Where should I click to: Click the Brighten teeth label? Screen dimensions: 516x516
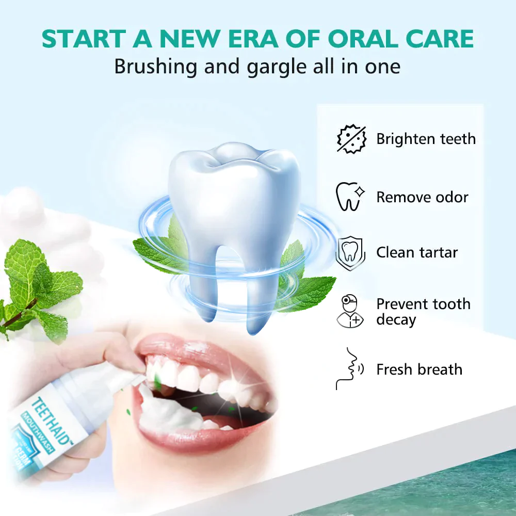point(426,139)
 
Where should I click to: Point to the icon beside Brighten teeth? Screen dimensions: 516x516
point(351,139)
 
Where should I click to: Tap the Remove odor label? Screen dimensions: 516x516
point(422,197)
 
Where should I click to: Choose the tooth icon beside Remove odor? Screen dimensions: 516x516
point(350,197)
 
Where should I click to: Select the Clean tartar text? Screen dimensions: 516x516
point(417,252)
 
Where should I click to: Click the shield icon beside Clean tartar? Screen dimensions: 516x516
point(350,252)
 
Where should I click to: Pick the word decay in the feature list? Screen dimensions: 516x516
point(396,319)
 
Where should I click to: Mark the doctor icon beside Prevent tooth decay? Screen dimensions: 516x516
point(350,311)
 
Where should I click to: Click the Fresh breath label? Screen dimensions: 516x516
point(419,369)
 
